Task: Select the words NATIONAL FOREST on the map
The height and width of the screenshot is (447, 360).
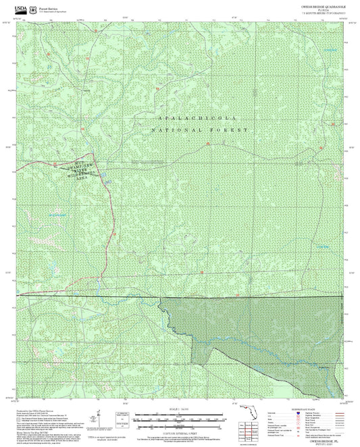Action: pos(199,129)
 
